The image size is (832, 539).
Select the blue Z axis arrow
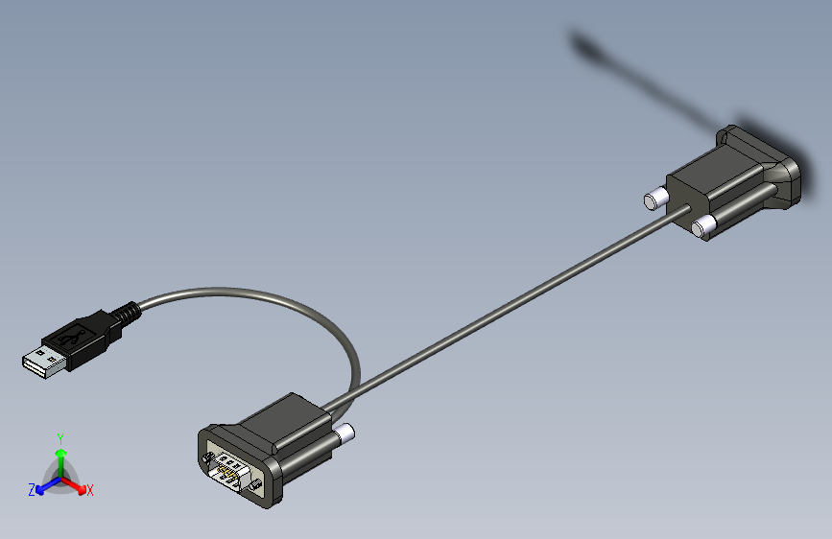(x=43, y=488)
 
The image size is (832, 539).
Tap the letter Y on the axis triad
(x=60, y=437)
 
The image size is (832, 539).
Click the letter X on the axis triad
(x=90, y=490)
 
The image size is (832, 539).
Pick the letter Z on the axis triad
(x=32, y=490)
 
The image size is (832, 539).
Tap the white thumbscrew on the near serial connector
(x=345, y=434)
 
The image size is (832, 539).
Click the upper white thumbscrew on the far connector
(x=654, y=199)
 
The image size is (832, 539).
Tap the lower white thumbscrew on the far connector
(x=703, y=226)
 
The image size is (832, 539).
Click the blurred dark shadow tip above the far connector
(x=582, y=43)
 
